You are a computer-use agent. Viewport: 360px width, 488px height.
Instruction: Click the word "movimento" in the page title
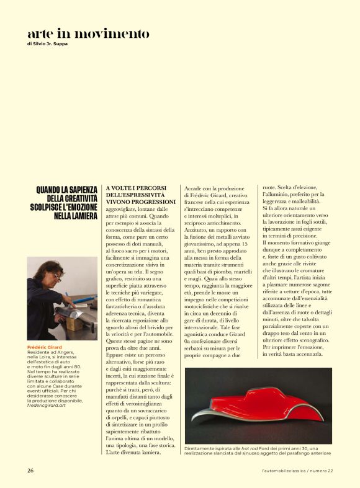click(115, 33)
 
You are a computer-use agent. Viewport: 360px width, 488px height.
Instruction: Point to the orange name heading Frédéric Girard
click(45, 347)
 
